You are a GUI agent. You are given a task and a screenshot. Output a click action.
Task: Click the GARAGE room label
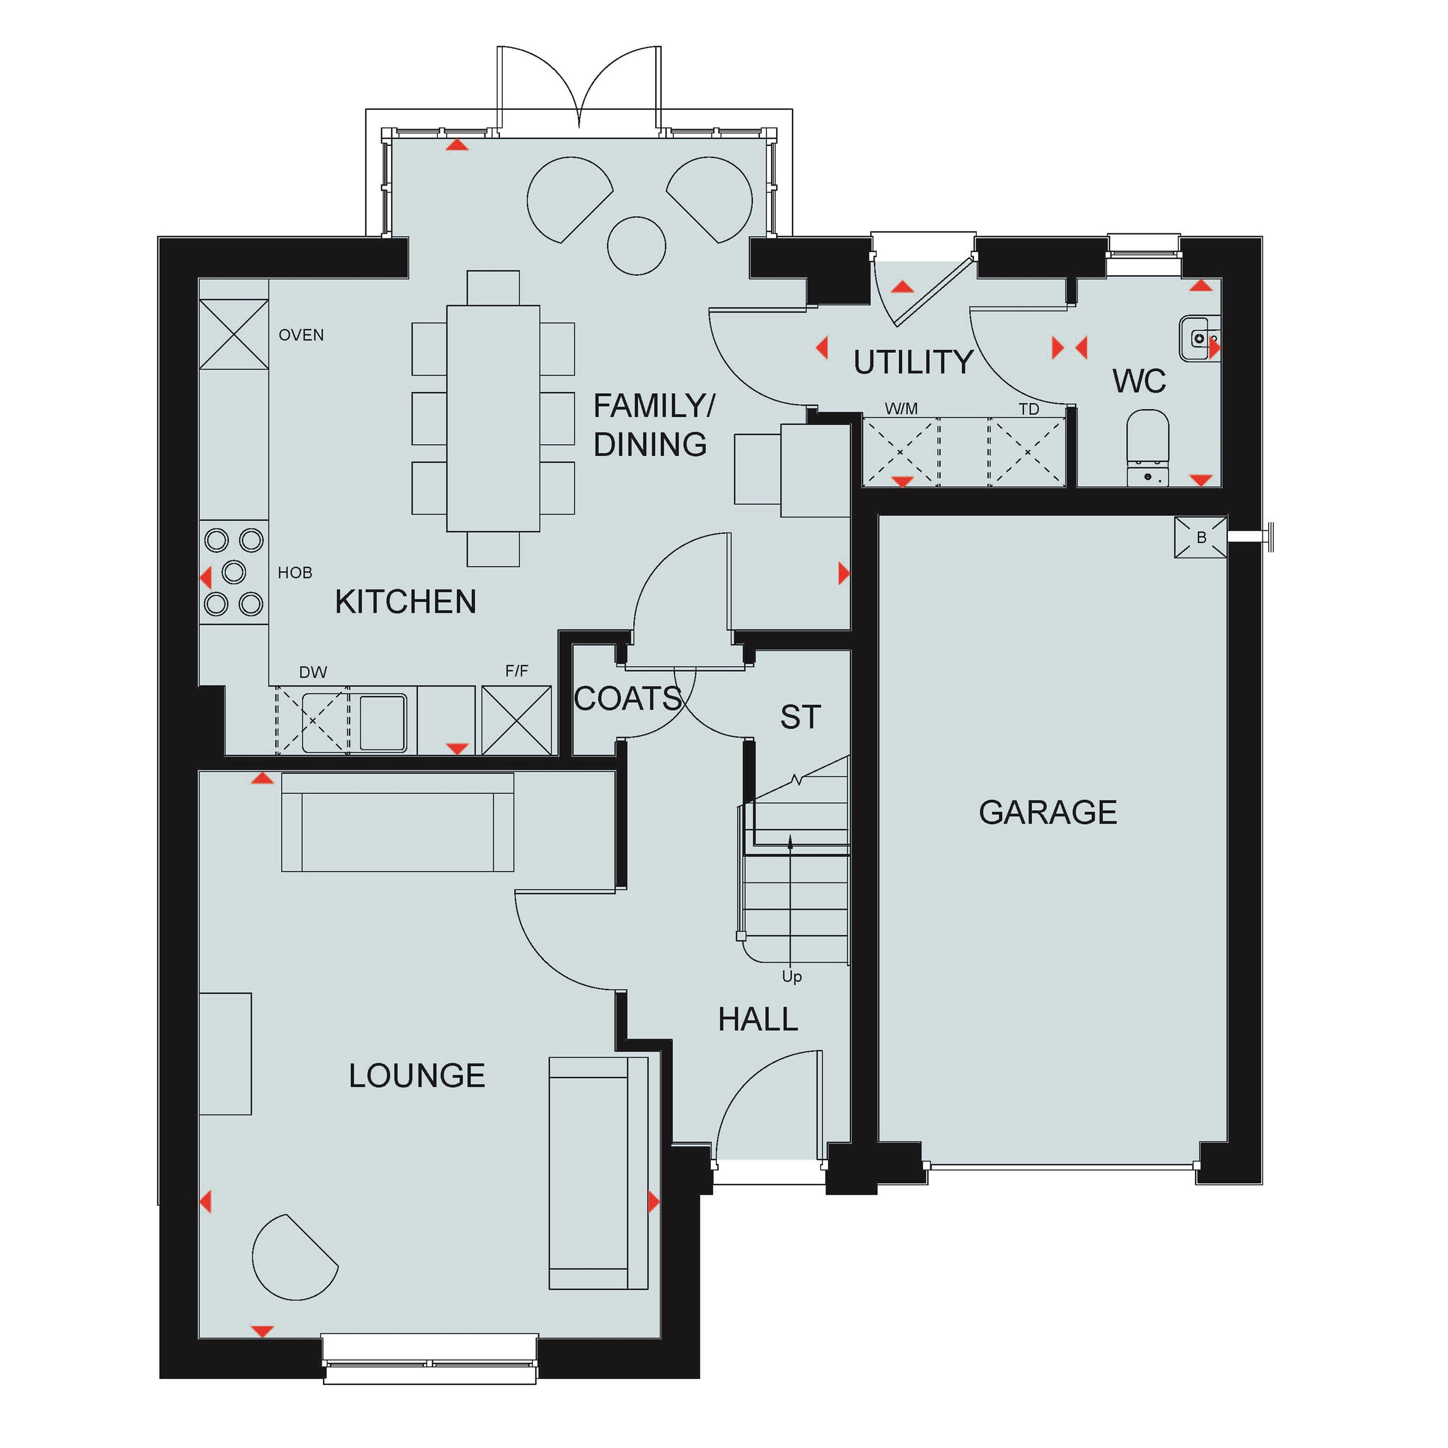coord(1047,812)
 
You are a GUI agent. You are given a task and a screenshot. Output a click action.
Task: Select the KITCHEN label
coord(406,602)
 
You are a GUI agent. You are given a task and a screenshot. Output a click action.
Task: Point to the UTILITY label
coord(913,362)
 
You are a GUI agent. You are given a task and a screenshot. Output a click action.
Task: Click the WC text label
coord(1139,381)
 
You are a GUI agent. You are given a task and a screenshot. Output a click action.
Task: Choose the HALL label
coord(758,1019)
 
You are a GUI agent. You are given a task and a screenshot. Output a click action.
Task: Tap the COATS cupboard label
coord(627,699)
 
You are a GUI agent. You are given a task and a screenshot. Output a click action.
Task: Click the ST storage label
coord(800,717)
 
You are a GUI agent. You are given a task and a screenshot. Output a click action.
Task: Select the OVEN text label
coord(301,335)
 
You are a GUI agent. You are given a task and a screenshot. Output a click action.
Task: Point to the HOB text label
coord(295,573)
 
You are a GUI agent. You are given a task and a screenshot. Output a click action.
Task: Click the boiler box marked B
coord(1201,537)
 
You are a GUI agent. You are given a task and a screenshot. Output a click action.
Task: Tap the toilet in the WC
coord(1147,448)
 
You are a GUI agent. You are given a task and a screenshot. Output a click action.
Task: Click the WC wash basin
coord(1200,338)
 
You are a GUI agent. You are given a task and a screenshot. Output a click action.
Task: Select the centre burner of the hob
coord(234,572)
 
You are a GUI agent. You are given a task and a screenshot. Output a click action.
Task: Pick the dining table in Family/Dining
coord(493,418)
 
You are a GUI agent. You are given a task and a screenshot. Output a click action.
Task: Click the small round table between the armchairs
coord(636,246)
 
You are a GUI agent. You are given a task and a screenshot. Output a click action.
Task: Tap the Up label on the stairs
coord(791,977)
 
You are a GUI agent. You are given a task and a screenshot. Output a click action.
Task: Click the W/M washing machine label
coord(901,409)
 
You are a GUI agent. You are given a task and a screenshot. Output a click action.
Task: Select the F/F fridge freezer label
coord(517,671)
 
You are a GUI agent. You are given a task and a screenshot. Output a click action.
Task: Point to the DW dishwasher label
coord(313,672)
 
